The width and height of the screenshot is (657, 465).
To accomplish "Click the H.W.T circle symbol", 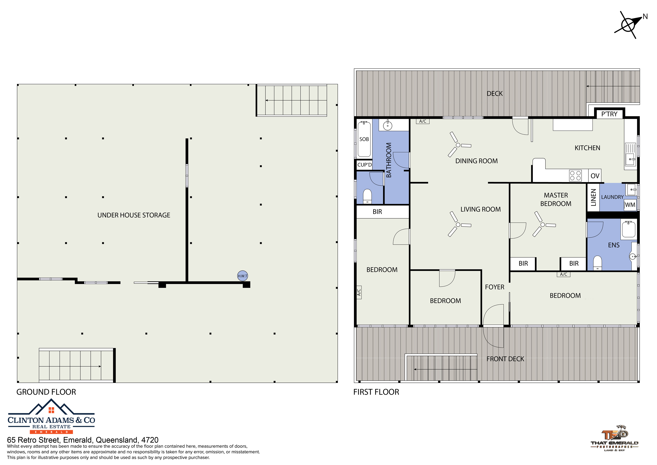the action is click(243, 276).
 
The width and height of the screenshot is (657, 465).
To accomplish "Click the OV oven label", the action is click(595, 176).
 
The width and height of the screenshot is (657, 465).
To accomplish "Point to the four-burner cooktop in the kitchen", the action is click(575, 176).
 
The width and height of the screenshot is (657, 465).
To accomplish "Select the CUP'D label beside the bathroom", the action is click(364, 165).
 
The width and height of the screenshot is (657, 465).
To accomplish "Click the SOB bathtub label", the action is click(364, 139).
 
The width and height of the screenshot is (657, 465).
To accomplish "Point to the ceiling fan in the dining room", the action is click(458, 145).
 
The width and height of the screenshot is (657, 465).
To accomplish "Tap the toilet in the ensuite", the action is click(598, 263).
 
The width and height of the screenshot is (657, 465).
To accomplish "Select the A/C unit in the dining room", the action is click(423, 121).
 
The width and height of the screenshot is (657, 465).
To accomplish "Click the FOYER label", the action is click(494, 287).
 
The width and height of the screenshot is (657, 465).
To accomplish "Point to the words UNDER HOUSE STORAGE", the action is click(134, 215).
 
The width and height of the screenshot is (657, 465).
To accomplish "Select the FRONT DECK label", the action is click(505, 359).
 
